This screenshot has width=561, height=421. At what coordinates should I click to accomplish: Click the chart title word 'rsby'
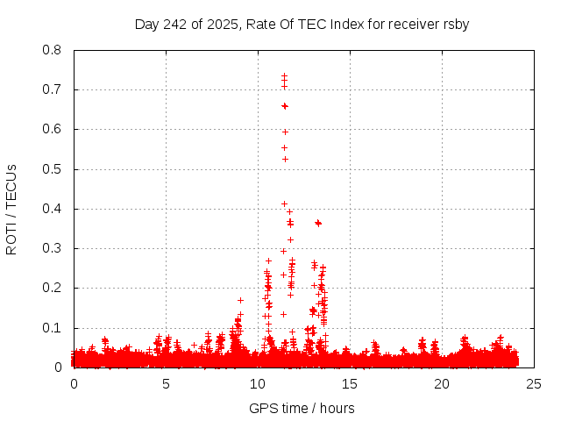click(455, 24)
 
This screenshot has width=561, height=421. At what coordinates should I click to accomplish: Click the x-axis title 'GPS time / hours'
click(302, 408)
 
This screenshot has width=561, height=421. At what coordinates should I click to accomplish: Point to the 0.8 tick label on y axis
click(52, 50)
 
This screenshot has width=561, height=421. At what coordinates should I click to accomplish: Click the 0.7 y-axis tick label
click(52, 89)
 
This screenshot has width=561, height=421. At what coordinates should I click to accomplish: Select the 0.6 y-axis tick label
click(52, 129)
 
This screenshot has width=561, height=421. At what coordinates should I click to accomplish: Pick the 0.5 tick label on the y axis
click(52, 169)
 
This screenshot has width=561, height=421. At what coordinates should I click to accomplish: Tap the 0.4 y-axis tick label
click(52, 209)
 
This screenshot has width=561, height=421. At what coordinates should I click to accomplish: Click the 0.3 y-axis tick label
click(52, 248)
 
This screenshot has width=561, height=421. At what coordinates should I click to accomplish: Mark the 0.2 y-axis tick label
click(52, 288)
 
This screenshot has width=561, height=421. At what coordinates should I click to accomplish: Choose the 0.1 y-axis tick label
click(52, 328)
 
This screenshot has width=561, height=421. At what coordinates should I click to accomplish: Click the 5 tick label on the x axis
click(166, 384)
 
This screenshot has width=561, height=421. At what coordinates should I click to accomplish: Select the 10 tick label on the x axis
click(258, 384)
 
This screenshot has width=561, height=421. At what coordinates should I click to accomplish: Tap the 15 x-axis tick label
click(350, 384)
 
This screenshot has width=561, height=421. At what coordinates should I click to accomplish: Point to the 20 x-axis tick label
click(442, 384)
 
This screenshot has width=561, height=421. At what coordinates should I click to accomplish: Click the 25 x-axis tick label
click(534, 384)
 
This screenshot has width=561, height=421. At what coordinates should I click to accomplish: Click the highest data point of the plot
click(284, 76)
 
